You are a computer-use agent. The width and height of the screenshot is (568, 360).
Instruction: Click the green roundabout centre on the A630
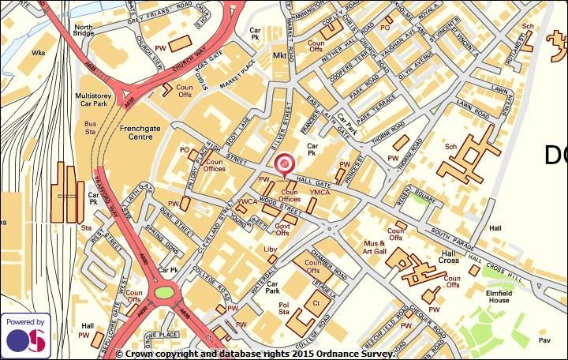pyautogui.click(x=164, y=293)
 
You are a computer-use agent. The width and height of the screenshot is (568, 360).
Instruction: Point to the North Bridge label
pyautogui.click(x=84, y=30)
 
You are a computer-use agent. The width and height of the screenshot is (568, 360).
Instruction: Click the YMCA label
pyautogui.click(x=319, y=193)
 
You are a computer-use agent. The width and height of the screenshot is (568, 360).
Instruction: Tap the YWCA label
pyautogui.click(x=248, y=201)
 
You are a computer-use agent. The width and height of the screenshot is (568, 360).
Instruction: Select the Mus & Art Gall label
pyautogui.click(x=375, y=247)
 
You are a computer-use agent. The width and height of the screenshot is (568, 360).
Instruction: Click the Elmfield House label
pyautogui.click(x=498, y=295)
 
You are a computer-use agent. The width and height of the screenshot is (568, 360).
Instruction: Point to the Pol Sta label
pyautogui.click(x=285, y=307)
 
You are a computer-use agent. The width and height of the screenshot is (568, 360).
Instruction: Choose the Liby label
pyautogui.click(x=271, y=249)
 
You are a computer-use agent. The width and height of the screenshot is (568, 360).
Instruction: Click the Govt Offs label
pyautogui.click(x=283, y=228)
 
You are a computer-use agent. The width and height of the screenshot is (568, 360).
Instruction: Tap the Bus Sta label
pyautogui.click(x=90, y=128)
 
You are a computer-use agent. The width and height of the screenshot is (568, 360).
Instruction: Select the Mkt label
pyautogui.click(x=279, y=56)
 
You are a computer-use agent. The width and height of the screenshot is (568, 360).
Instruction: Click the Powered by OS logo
pyautogui.click(x=25, y=335)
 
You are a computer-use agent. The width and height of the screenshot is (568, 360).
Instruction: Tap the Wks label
pyautogui.click(x=39, y=53)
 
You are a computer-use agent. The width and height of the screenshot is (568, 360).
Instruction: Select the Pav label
pyautogui.click(x=544, y=340)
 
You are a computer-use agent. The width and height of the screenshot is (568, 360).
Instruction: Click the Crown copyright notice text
pyautogui.click(x=255, y=354)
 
